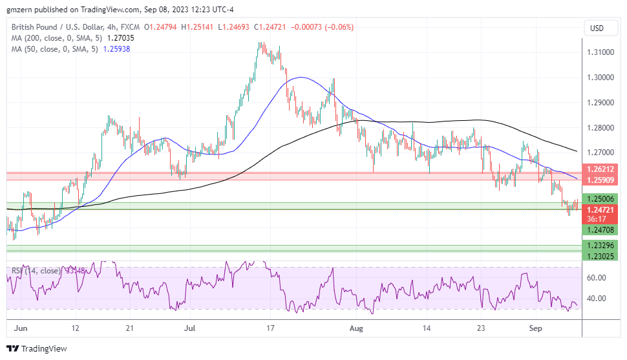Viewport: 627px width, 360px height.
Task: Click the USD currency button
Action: tap(597, 28)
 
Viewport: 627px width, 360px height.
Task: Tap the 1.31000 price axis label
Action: tap(601, 52)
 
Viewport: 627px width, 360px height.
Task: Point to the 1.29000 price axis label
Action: tap(601, 103)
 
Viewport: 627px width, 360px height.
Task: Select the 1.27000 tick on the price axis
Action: tap(601, 153)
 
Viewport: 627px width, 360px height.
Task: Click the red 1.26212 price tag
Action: tap(601, 169)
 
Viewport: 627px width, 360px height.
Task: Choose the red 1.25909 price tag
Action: tap(601, 179)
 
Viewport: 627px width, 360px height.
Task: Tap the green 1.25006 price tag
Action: tap(601, 199)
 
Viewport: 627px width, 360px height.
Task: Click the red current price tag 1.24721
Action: tap(601, 210)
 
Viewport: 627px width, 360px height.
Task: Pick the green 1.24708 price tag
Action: tap(601, 229)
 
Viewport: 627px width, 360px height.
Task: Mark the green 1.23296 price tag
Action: tap(601, 245)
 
